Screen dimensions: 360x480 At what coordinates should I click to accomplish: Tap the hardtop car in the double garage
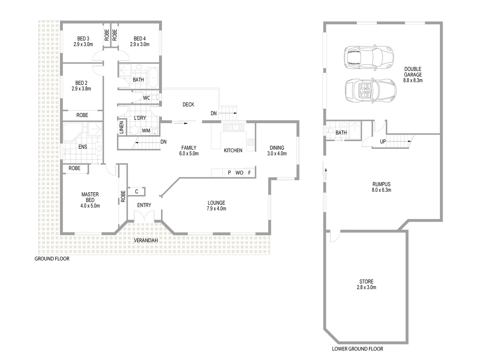pyautogui.click(x=368, y=57)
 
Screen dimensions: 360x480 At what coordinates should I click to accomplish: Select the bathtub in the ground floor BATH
pyautogui.click(x=153, y=78)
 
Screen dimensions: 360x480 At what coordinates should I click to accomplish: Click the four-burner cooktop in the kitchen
pyautogui.click(x=251, y=142)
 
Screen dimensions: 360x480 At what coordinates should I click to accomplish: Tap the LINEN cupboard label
pyautogui.click(x=122, y=128)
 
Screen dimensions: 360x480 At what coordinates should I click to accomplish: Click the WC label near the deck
pyautogui.click(x=146, y=98)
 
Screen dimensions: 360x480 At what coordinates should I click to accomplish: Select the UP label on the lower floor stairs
pyautogui.click(x=383, y=142)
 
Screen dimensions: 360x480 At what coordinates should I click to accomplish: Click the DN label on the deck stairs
pyautogui.click(x=214, y=113)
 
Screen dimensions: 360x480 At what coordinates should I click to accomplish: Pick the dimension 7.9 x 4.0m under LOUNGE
pyautogui.click(x=216, y=209)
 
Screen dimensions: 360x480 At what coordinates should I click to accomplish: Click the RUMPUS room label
pyautogui.click(x=381, y=184)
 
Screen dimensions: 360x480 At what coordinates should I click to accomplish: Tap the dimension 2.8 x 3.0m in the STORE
pyautogui.click(x=366, y=287)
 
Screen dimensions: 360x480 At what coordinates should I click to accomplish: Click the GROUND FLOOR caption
pyautogui.click(x=52, y=259)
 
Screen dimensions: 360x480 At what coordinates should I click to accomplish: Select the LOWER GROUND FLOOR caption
pyautogui.click(x=357, y=349)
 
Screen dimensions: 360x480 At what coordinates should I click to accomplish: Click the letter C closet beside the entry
pyautogui.click(x=137, y=192)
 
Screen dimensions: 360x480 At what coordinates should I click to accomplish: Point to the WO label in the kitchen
pyautogui.click(x=239, y=173)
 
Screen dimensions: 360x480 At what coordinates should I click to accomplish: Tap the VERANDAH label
pyautogui.click(x=146, y=240)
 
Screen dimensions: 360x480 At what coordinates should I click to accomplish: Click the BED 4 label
pyautogui.click(x=140, y=38)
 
